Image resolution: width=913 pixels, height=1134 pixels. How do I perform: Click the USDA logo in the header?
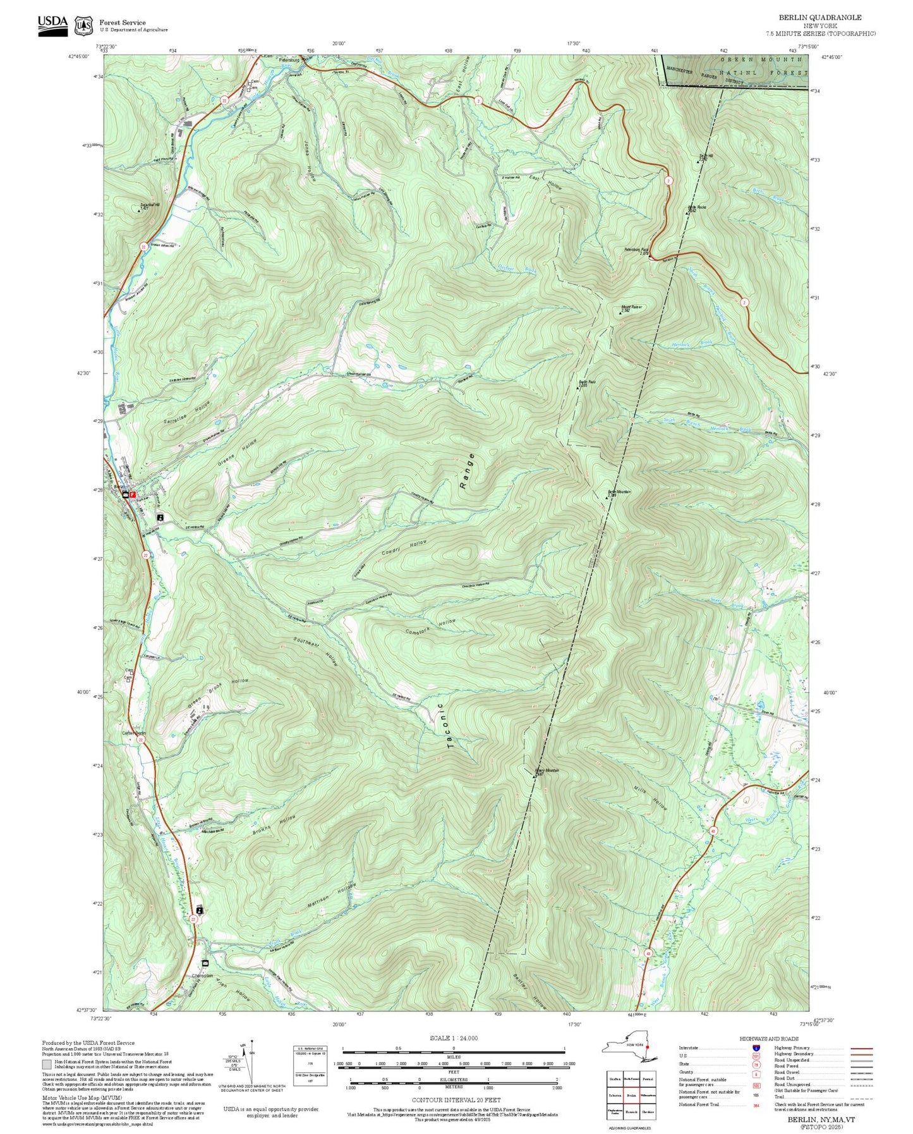[52, 25]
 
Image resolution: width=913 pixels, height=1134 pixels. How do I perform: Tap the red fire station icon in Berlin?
[133, 494]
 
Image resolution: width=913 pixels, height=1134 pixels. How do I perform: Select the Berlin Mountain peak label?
[619, 493]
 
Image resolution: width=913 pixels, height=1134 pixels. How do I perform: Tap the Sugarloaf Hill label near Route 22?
[149, 205]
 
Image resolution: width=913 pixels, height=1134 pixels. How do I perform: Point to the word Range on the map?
[467, 472]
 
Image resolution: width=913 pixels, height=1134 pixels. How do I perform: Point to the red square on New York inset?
[647, 1046]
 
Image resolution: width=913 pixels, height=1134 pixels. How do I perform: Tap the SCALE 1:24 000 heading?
[453, 1038]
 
